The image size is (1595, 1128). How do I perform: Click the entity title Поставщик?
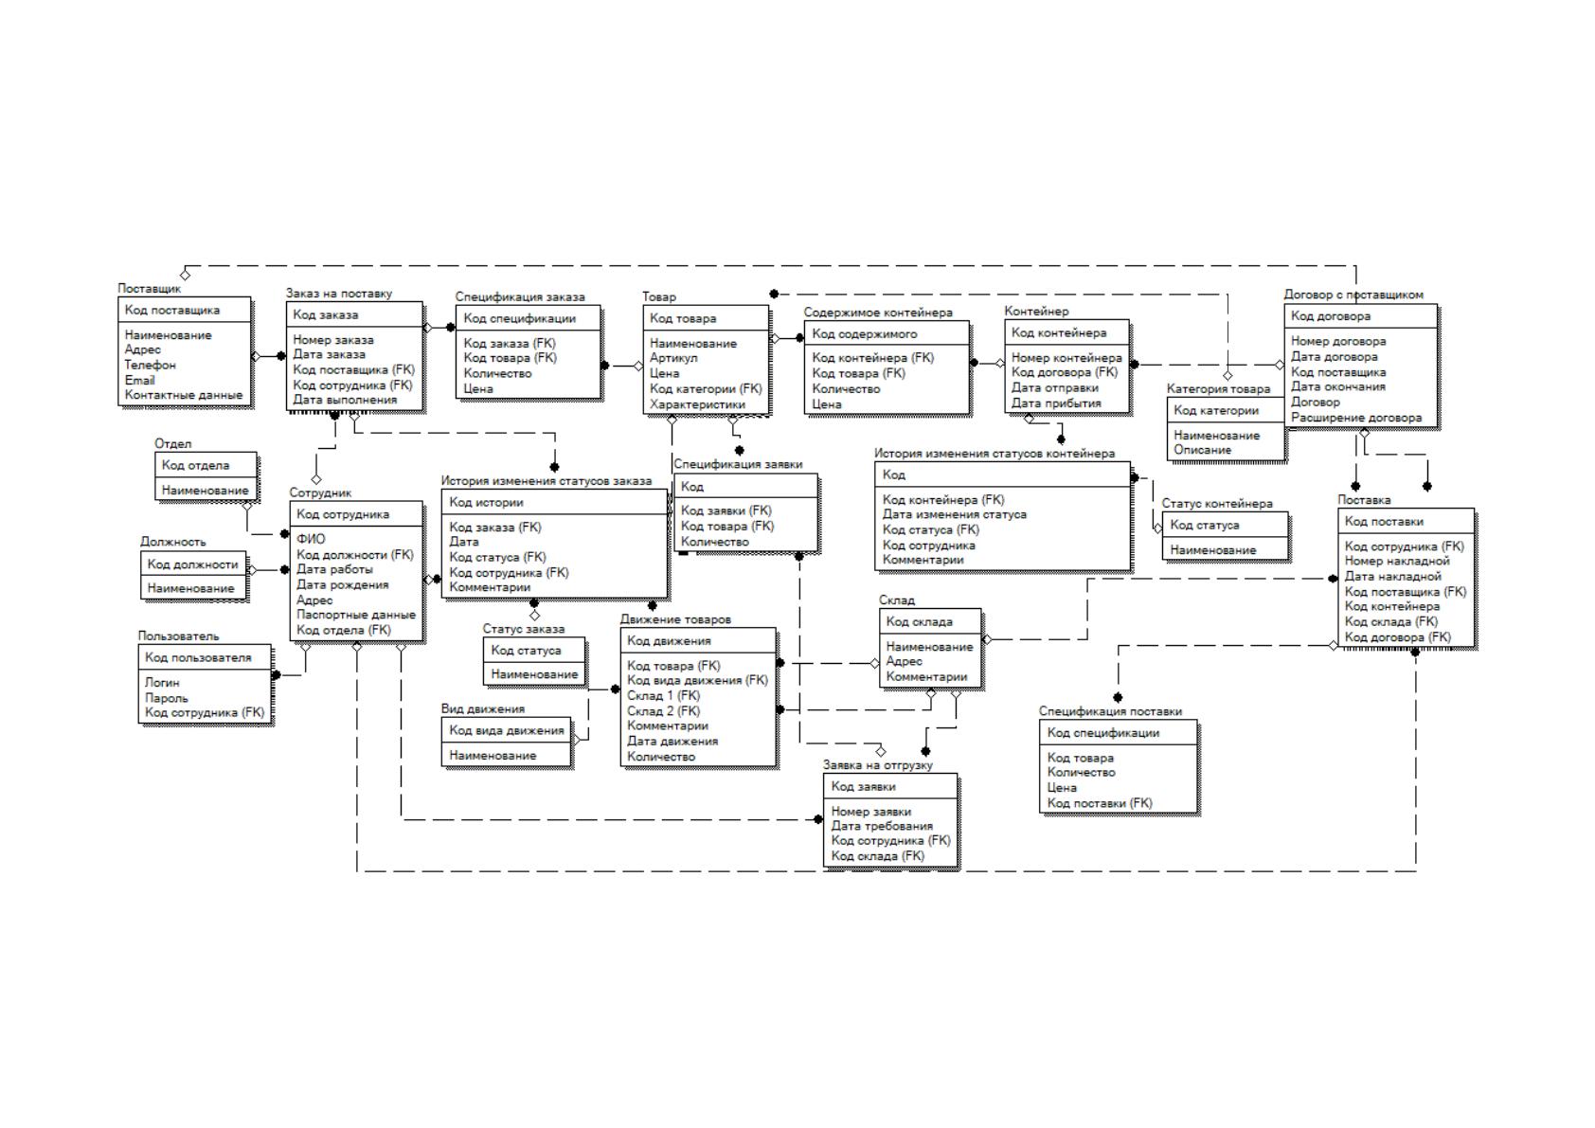click(x=149, y=289)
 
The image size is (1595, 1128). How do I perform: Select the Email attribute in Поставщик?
click(x=139, y=381)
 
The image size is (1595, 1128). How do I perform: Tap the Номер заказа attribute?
click(x=333, y=340)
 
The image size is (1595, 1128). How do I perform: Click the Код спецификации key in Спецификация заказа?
click(x=519, y=318)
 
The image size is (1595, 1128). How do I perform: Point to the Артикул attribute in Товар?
click(x=672, y=357)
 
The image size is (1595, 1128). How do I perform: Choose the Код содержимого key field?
click(x=865, y=333)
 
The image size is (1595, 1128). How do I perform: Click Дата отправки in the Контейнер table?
click(x=1054, y=387)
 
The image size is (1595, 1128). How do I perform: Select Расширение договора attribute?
click(x=1356, y=418)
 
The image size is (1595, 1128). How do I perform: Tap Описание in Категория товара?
click(x=1203, y=450)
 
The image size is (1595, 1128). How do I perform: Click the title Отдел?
click(x=173, y=443)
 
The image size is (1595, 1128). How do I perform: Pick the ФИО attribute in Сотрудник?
click(x=311, y=539)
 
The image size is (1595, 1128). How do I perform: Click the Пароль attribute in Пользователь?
click(x=167, y=698)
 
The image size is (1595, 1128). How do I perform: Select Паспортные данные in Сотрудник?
click(x=356, y=615)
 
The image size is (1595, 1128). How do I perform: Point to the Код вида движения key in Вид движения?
click(x=507, y=730)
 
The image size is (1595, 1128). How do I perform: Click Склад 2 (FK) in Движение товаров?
click(x=664, y=710)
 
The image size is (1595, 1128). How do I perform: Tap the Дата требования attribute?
click(x=882, y=826)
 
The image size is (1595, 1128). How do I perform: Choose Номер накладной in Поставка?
click(x=1397, y=561)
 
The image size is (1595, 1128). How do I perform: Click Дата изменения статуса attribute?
click(x=954, y=514)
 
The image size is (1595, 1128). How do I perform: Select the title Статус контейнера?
click(x=1217, y=504)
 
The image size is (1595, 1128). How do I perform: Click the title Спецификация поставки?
click(x=1110, y=711)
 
